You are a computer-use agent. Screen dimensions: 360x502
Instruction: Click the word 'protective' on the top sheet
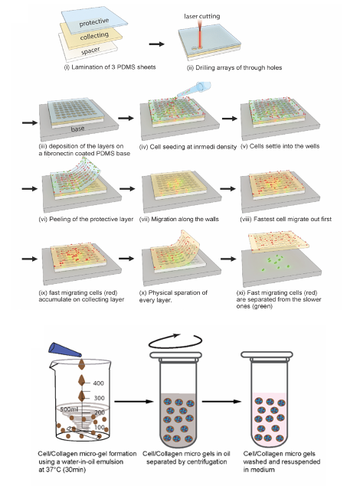(x=94, y=22)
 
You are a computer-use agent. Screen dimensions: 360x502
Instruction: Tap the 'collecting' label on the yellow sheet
(x=94, y=36)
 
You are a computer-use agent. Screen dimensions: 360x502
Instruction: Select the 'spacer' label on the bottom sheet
(x=90, y=51)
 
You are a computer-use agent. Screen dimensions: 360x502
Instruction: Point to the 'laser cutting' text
(x=202, y=16)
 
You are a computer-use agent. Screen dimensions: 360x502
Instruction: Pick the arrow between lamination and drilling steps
(x=157, y=44)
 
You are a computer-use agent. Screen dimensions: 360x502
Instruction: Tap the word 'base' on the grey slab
(x=77, y=129)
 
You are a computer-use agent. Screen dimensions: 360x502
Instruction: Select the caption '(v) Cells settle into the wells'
(x=280, y=146)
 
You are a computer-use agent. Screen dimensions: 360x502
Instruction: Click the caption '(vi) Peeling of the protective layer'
(x=86, y=220)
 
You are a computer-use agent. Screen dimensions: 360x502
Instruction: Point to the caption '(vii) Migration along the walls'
(x=179, y=220)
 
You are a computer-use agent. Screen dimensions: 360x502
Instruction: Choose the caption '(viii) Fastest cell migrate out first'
(x=286, y=220)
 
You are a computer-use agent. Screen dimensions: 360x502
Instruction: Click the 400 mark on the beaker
(x=99, y=383)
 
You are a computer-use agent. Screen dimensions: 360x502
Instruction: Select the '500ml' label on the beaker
(x=69, y=409)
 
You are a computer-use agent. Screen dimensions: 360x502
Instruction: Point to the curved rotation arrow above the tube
(x=175, y=341)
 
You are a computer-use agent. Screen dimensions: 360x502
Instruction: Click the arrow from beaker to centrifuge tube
(x=134, y=402)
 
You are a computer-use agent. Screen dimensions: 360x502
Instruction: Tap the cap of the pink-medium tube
(x=267, y=355)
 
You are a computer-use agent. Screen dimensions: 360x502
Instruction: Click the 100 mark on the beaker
(x=100, y=427)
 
